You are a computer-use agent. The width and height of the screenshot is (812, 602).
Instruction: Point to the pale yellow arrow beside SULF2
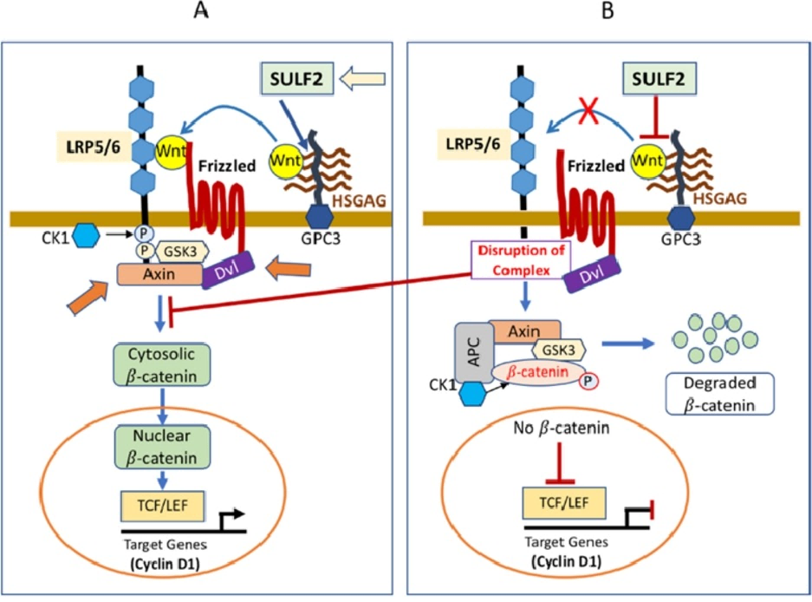(362, 81)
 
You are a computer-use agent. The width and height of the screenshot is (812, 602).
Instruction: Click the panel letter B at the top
(609, 11)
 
